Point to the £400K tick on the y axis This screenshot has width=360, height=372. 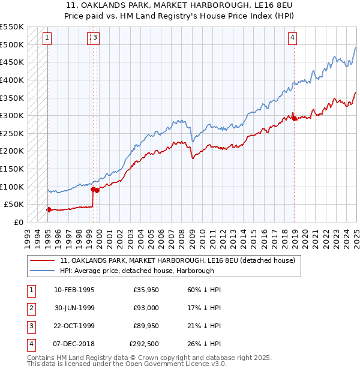tap(12, 80)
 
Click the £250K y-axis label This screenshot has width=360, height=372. tap(12, 133)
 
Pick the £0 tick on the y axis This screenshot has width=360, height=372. tap(19, 222)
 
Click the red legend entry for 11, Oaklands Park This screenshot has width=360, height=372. tap(177, 261)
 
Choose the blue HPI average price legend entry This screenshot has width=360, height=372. tap(145, 271)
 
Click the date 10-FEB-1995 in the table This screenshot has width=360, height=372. tap(74, 290)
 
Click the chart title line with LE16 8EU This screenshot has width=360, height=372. tap(180, 7)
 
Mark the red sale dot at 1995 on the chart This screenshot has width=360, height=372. tap(49, 209)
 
